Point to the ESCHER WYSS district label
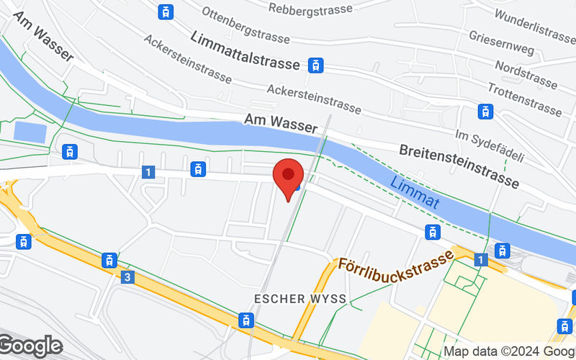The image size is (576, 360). (301, 298)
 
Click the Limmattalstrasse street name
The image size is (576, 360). (245, 50)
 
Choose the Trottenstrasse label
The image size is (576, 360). (523, 99)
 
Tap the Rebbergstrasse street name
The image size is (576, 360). (310, 9)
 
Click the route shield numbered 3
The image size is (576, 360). (127, 276)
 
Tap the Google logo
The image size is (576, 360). (30, 347)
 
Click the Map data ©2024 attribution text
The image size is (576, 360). (508, 351)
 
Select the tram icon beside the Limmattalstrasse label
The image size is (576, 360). (315, 65)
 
